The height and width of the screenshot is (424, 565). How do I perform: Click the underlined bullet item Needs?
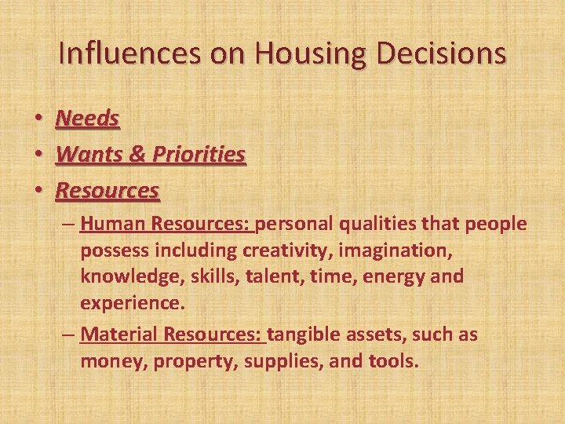pyautogui.click(x=88, y=119)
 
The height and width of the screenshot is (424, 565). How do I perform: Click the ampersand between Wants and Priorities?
pyautogui.click(x=137, y=154)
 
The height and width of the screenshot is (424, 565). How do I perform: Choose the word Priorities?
pyautogui.click(x=199, y=154)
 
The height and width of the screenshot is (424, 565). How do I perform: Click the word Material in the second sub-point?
pyautogui.click(x=118, y=334)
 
